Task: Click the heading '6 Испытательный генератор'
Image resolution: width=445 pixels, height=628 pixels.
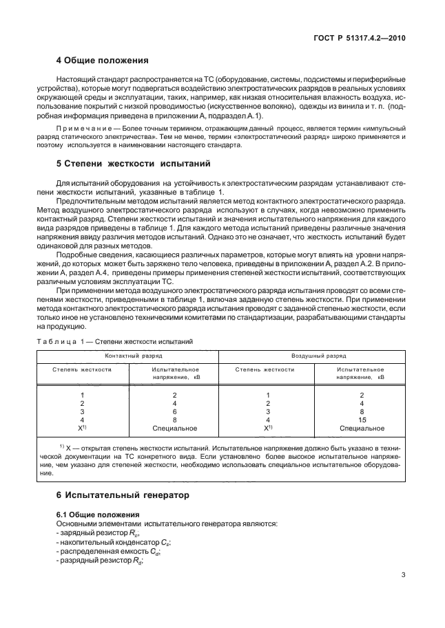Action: click(x=112, y=495)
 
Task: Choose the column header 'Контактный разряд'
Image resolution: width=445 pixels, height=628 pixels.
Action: click(x=129, y=357)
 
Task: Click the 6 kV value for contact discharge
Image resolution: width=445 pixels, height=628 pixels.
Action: click(x=174, y=411)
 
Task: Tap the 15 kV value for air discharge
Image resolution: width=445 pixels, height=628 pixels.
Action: click(x=362, y=419)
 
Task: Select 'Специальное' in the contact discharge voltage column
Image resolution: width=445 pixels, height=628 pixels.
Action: click(x=174, y=428)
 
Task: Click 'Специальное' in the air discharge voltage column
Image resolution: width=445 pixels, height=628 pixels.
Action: click(x=362, y=428)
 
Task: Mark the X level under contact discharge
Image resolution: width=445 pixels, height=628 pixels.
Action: click(x=81, y=428)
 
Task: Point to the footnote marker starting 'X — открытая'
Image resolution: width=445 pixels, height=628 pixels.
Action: click(x=62, y=446)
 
